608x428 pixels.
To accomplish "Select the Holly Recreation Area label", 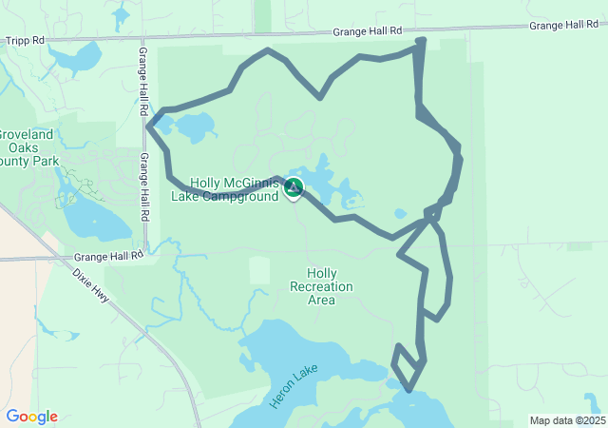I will (x=321, y=286).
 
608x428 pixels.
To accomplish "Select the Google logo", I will (x=31, y=417).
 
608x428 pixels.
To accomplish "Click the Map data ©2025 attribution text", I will (x=567, y=420).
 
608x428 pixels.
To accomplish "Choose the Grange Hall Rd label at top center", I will (x=367, y=31).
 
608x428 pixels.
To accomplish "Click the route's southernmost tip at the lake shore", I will (x=408, y=389).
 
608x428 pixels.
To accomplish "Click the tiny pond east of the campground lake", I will (x=400, y=214).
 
